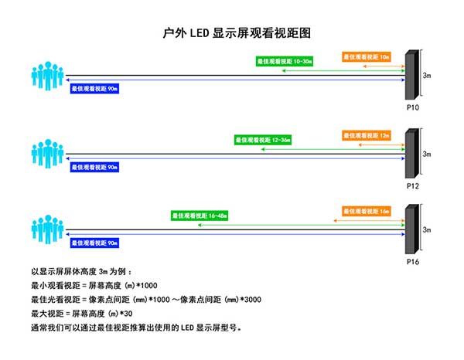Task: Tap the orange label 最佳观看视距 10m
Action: [366, 56]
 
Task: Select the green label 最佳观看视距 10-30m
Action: [286, 60]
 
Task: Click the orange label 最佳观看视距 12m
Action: [366, 135]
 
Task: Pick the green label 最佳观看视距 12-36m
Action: [265, 140]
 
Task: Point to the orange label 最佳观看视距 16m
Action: [366, 211]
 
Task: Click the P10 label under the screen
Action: [412, 107]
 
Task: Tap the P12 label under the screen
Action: [412, 186]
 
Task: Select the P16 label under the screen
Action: [412, 262]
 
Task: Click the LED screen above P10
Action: [412, 76]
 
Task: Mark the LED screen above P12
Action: [412, 155]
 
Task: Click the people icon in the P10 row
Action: [48, 74]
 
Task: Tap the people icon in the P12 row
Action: [48, 153]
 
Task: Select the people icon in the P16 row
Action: [48, 229]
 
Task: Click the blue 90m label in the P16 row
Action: [95, 243]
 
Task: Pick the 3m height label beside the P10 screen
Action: [427, 75]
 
